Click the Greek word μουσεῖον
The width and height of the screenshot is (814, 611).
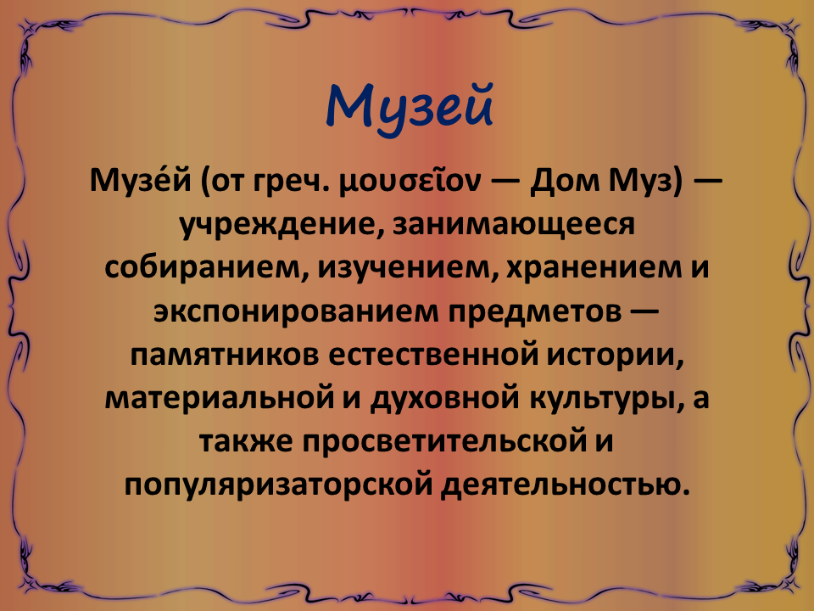coord(410,182)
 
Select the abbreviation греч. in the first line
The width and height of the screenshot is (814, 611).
coord(291,182)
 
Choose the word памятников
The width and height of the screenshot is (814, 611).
coord(224,356)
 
